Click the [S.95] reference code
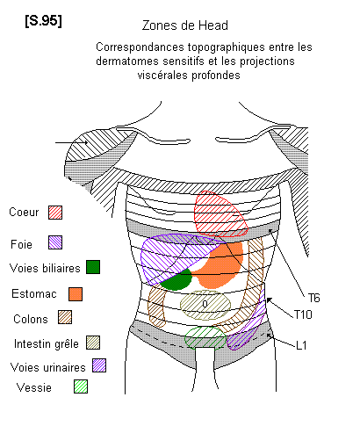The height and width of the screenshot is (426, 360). pyautogui.click(x=43, y=21)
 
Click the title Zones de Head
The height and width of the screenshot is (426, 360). pyautogui.click(x=185, y=25)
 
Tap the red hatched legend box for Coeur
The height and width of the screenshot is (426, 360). pyautogui.click(x=55, y=213)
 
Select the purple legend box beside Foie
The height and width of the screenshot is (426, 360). pyautogui.click(x=55, y=242)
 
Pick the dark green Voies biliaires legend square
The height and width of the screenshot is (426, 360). pyautogui.click(x=93, y=267)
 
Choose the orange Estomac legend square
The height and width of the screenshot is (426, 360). pyautogui.click(x=76, y=294)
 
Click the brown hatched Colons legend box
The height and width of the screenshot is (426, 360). pyautogui.click(x=65, y=317)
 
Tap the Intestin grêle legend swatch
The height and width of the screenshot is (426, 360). pyautogui.click(x=93, y=343)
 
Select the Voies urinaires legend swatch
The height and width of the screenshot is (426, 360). pyautogui.click(x=99, y=365)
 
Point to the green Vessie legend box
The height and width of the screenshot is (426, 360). pyautogui.click(x=81, y=386)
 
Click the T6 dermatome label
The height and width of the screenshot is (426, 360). pyautogui.click(x=313, y=299)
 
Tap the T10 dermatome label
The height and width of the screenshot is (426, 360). pyautogui.click(x=303, y=314)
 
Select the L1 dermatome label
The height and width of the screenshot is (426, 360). pyautogui.click(x=301, y=346)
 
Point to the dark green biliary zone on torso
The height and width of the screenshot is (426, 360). pyautogui.click(x=176, y=280)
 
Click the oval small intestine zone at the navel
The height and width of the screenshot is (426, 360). pyautogui.click(x=205, y=305)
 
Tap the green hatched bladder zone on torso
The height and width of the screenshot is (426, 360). pyautogui.click(x=205, y=337)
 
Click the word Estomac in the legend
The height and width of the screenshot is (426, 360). pyautogui.click(x=34, y=293)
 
